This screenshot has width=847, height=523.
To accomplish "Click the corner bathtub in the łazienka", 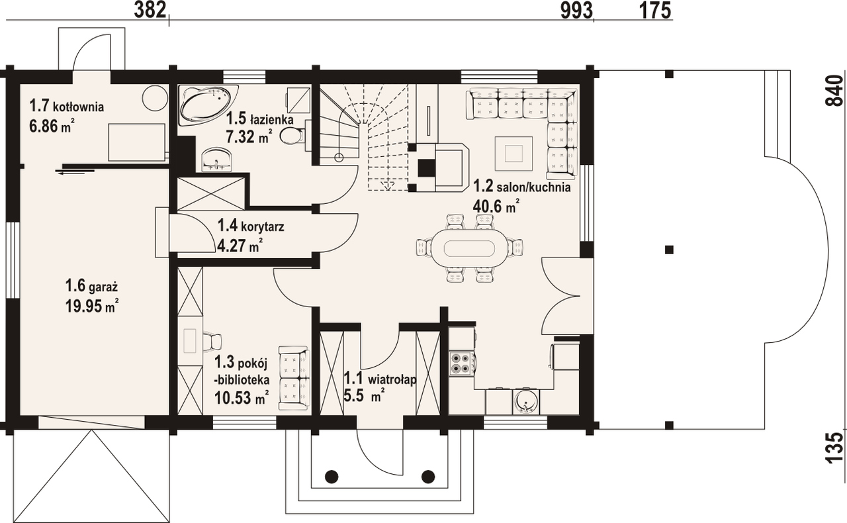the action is click(x=208, y=104).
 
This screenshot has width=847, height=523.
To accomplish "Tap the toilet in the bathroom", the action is click(x=292, y=136).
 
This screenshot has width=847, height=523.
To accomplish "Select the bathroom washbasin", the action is click(x=217, y=160).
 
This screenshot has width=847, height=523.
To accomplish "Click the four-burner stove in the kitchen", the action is click(x=460, y=363).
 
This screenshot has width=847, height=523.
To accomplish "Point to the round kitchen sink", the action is click(x=526, y=403).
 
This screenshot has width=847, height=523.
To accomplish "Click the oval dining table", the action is click(x=469, y=249).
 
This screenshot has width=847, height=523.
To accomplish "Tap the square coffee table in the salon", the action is click(x=514, y=154).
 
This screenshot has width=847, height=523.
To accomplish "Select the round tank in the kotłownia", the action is click(x=155, y=98).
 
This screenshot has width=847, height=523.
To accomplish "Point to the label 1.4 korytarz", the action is click(x=251, y=226).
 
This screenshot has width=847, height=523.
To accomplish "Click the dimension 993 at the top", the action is click(x=576, y=11).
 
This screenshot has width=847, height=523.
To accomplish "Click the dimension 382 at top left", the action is click(x=150, y=10).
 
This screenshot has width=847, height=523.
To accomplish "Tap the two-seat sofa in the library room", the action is click(x=294, y=377).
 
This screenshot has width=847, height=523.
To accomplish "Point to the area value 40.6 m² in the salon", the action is click(x=496, y=207).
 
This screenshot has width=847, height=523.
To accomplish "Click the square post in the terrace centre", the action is click(x=669, y=250).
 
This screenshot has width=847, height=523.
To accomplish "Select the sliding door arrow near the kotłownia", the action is click(x=75, y=173).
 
